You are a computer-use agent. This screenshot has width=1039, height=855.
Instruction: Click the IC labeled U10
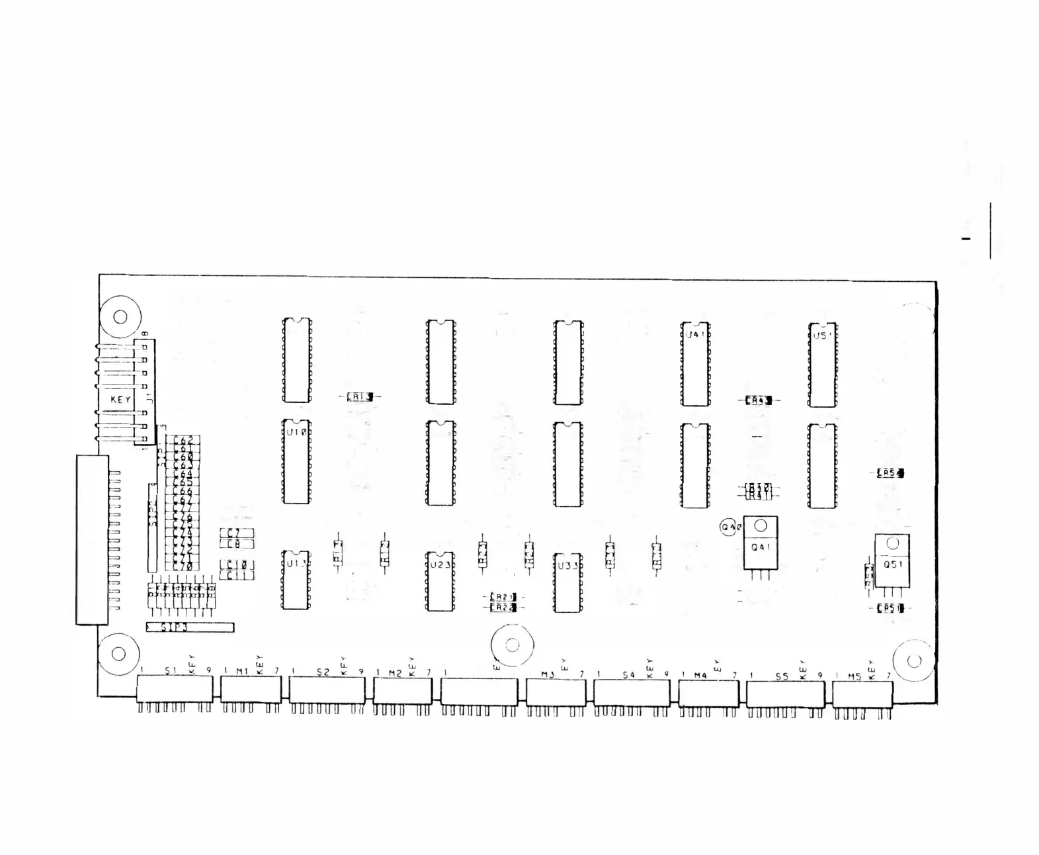coord(296,462)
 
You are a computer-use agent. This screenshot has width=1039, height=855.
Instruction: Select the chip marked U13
coord(296,580)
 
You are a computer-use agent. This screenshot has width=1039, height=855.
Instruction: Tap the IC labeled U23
coord(440,582)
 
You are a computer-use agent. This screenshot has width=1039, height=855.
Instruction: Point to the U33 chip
coord(568,583)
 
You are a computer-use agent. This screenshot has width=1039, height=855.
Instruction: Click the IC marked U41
coord(695,364)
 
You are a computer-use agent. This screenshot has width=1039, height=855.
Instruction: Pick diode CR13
coord(360,396)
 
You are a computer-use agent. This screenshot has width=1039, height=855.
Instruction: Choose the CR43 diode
coord(759,400)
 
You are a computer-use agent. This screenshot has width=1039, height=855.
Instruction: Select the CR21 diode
coord(503,597)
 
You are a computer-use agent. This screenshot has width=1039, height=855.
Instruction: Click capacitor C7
coord(236,533)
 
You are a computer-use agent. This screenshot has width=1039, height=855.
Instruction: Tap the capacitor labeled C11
coord(236,576)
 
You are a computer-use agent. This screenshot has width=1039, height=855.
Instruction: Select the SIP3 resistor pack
coord(189,627)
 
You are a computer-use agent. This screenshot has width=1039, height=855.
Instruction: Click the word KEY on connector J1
coord(120,400)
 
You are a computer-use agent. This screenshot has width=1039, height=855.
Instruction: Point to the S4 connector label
coord(628,674)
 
